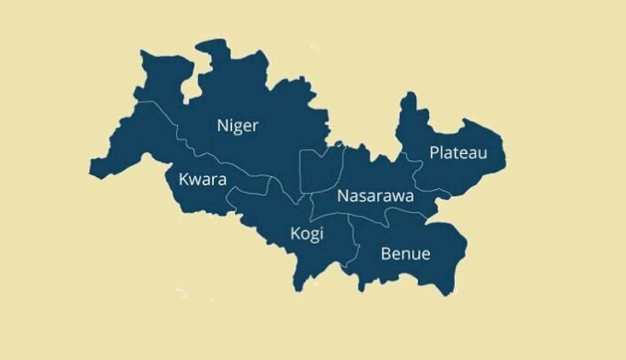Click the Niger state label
click(x=237, y=126)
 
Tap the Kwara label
click(x=203, y=179)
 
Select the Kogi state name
click(x=306, y=234)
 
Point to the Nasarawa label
click(x=375, y=196)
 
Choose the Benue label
click(x=405, y=254)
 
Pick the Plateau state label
click(x=458, y=153)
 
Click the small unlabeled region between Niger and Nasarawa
click(x=321, y=170)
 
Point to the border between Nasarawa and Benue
click(x=384, y=220)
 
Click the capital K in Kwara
click(x=183, y=179)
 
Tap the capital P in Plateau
click(x=434, y=153)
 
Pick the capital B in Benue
click(x=385, y=254)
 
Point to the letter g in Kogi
click(x=314, y=236)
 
